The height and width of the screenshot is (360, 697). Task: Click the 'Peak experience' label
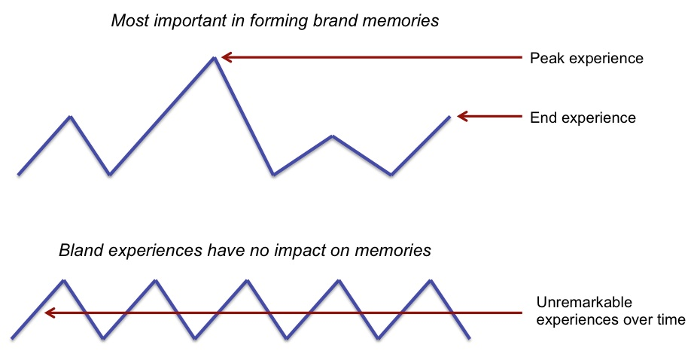pos(586,58)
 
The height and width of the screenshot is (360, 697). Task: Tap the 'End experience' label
pos(583,118)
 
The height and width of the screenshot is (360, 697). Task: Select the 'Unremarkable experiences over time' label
pos(610,312)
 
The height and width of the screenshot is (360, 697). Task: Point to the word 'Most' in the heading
pos(128,20)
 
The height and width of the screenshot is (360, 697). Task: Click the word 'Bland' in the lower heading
pos(79,251)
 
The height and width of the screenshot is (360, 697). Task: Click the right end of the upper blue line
pos(449,117)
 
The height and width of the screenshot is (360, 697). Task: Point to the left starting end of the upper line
pos(18,175)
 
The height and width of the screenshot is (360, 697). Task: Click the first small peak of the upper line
pos(70,117)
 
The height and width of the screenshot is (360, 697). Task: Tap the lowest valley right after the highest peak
pos(274,175)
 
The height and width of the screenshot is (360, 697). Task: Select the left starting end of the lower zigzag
pos(13,336)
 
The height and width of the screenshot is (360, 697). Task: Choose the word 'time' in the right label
pos(670,320)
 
